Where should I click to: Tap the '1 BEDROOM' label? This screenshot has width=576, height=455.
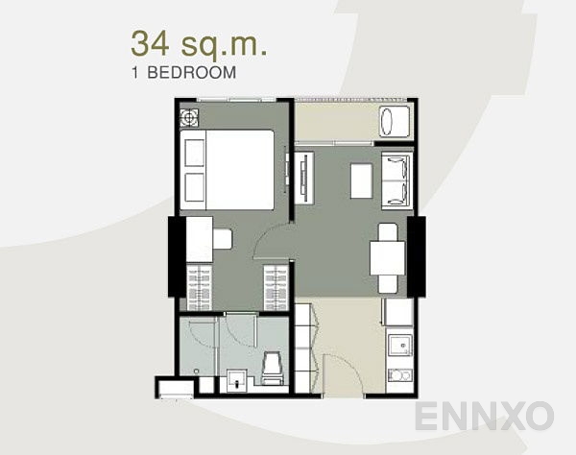[x=183, y=71]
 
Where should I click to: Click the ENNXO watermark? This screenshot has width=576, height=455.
[x=484, y=416]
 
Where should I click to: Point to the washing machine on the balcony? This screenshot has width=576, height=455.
[x=396, y=122]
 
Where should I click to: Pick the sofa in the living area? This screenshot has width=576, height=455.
[x=396, y=180]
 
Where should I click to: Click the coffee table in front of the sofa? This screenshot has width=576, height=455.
[x=361, y=180]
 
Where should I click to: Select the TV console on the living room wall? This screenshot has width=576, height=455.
[x=304, y=179]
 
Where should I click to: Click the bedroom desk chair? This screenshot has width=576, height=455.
[x=222, y=238]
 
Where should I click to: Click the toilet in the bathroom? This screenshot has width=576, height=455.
[x=272, y=368]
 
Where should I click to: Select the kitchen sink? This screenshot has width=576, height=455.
[x=398, y=343]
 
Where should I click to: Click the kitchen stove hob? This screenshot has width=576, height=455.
[x=398, y=374]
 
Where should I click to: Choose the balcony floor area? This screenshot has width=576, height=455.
[x=336, y=122]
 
